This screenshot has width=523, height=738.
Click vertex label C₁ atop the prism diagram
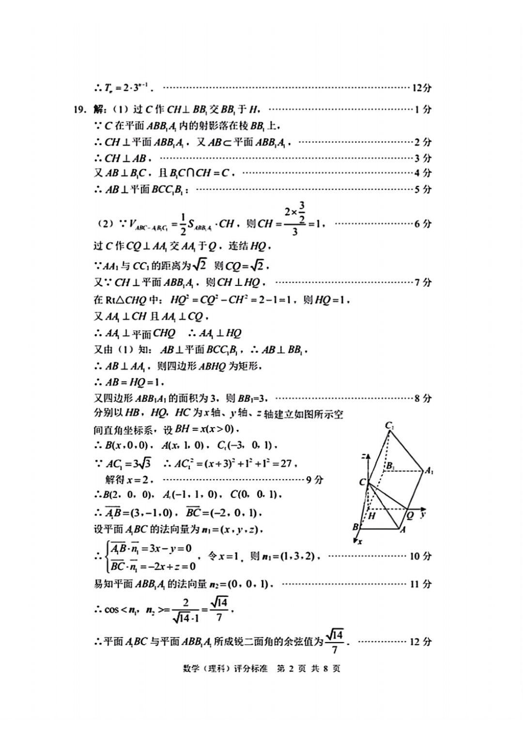[x=389, y=426]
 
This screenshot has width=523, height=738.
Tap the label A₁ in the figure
[x=429, y=471]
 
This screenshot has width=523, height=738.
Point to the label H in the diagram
[x=372, y=516]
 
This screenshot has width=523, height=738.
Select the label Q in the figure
[x=410, y=516]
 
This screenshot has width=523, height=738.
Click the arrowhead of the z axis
[x=368, y=457]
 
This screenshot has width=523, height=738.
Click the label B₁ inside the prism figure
[x=389, y=466]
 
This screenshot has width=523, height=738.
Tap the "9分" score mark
[x=315, y=480]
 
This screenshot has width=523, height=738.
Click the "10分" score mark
[x=420, y=556]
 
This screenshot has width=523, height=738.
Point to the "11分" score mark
[x=420, y=584]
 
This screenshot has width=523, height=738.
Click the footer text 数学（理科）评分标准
[x=225, y=668]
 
